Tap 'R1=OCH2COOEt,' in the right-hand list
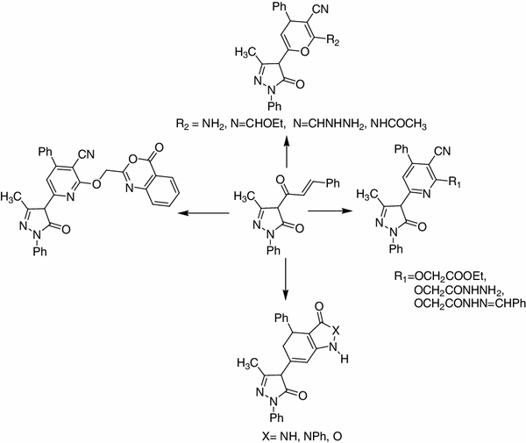[439, 276]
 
